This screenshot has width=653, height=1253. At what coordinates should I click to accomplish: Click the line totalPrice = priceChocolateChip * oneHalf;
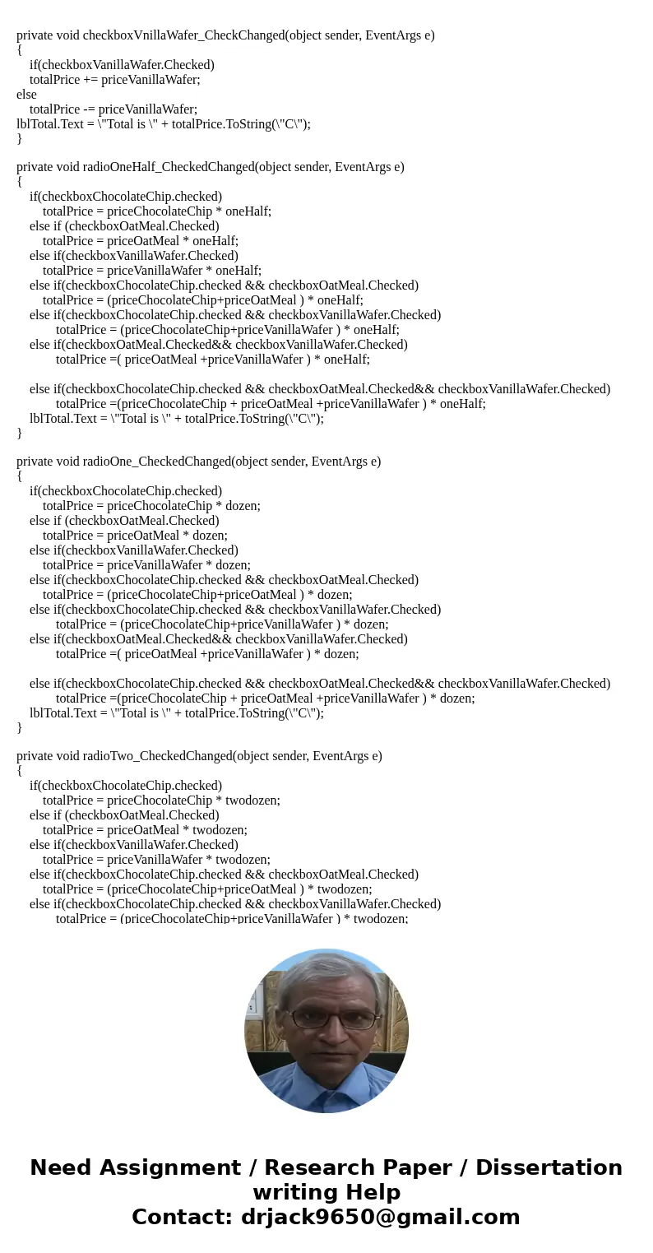(156, 211)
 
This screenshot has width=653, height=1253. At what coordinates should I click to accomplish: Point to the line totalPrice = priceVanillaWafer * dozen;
(146, 565)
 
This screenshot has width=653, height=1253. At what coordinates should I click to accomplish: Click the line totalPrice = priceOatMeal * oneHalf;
(140, 241)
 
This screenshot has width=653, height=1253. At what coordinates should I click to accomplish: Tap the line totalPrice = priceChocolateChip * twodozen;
(161, 801)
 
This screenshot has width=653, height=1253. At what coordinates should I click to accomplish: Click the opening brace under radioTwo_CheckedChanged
(20, 771)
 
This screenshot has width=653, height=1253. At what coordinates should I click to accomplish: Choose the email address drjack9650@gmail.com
(380, 1218)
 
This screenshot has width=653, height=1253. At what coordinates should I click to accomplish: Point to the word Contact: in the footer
(183, 1218)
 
